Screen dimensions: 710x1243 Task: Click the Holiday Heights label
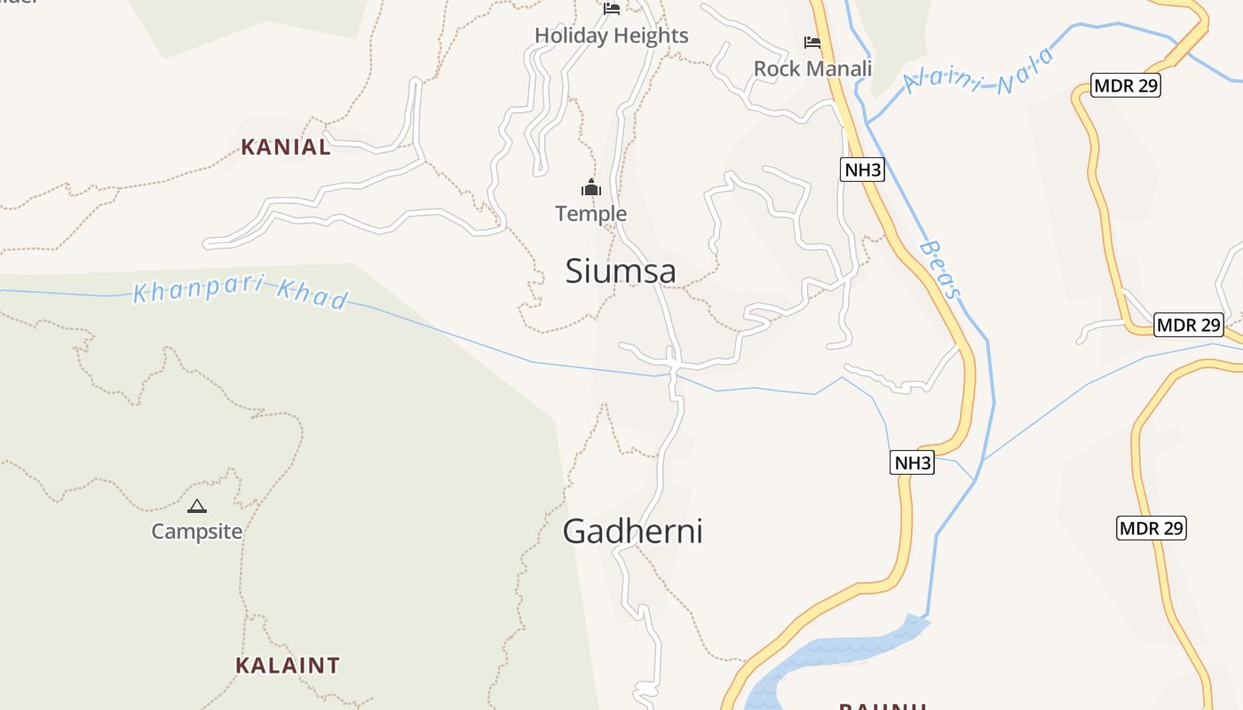(611, 35)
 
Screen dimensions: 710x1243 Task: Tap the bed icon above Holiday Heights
(612, 9)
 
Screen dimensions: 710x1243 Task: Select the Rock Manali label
(812, 68)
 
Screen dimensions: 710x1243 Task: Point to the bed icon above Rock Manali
(812, 42)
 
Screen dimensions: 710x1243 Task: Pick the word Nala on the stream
(1025, 71)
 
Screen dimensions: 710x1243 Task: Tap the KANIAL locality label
(286, 147)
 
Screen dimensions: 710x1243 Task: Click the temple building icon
(591, 187)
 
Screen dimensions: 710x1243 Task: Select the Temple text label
(591, 214)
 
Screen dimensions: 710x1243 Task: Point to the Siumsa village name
(621, 272)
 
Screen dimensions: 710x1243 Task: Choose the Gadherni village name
(632, 532)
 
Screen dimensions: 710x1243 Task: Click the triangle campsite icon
(197, 507)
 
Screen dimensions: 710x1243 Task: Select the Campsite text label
(197, 532)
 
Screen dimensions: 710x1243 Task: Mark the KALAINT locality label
(287, 665)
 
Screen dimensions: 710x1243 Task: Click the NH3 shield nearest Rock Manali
(862, 170)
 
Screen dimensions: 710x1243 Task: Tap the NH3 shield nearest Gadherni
(913, 462)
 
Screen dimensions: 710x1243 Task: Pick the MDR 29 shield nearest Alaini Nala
(1126, 85)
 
